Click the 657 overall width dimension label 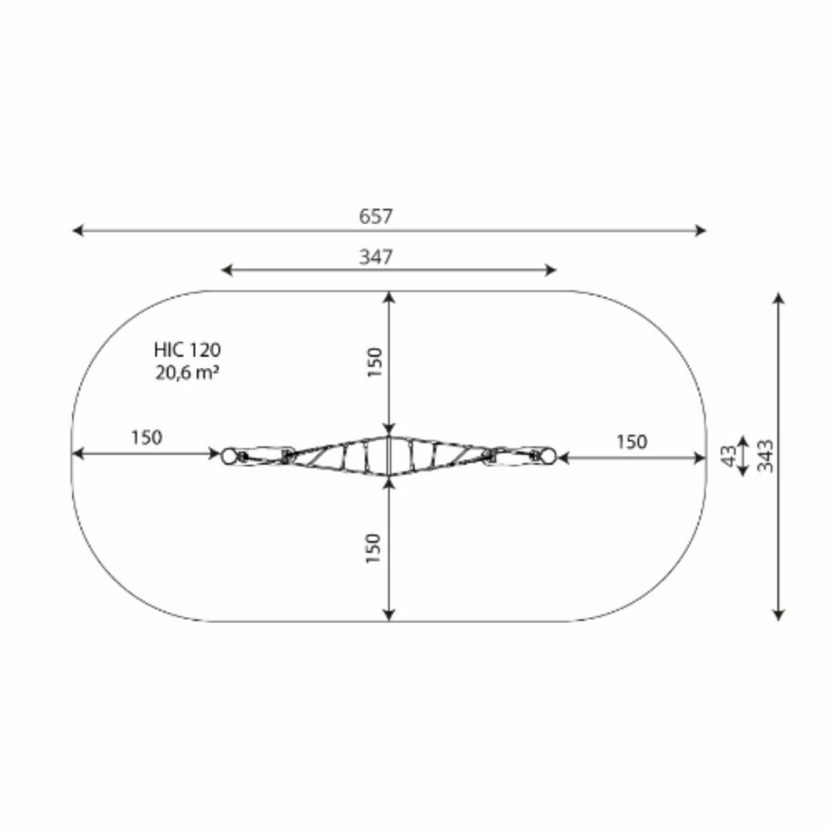[376, 216]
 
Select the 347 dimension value [376, 256]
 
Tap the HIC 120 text [187, 350]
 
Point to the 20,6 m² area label [187, 373]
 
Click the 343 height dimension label [765, 456]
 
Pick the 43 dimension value [729, 456]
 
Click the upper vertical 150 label [374, 362]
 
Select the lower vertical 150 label [373, 549]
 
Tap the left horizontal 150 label [147, 438]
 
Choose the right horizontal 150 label [632, 442]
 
